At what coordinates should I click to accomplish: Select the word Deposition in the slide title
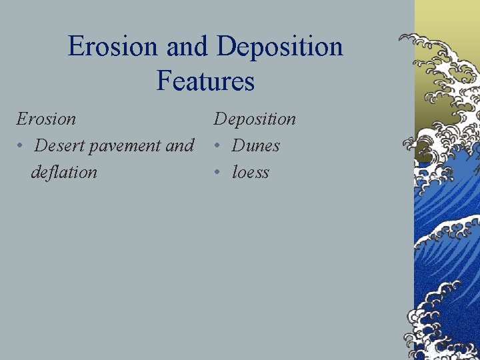pyautogui.click(x=280, y=47)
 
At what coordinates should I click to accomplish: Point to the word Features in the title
pyautogui.click(x=205, y=81)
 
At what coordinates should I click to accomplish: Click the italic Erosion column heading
pyautogui.click(x=46, y=119)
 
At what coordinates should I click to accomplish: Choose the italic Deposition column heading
pyautogui.click(x=255, y=119)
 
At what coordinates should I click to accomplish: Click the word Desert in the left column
pyautogui.click(x=60, y=145)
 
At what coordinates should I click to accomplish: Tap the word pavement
pyautogui.click(x=126, y=145)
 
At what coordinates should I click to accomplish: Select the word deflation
pyautogui.click(x=64, y=172)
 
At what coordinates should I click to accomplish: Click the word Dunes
pyautogui.click(x=256, y=145)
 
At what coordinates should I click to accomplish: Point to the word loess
pyautogui.click(x=251, y=172)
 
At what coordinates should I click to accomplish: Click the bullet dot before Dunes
pyautogui.click(x=217, y=146)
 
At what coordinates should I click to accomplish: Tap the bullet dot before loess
pyautogui.click(x=217, y=173)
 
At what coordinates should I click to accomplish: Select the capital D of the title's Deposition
pyautogui.click(x=227, y=47)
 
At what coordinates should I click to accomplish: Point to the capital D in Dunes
pyautogui.click(x=239, y=145)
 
